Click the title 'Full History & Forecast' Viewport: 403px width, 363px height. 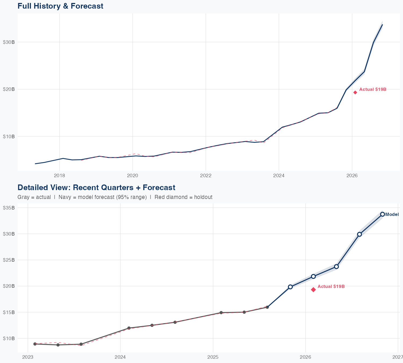click(60, 6)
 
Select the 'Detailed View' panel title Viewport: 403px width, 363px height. click(96, 187)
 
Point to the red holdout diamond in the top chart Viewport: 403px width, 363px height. click(355, 92)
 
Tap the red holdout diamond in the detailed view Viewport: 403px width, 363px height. click(313, 290)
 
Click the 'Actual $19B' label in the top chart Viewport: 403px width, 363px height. click(373, 90)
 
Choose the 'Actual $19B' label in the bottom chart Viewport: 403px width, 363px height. click(331, 287)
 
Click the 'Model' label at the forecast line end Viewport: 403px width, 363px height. click(392, 215)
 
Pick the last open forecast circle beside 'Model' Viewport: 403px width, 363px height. click(383, 214)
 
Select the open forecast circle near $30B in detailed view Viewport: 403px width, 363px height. click(359, 234)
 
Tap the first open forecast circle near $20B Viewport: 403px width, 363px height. click(290, 287)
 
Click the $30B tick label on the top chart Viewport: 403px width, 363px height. click(9, 42)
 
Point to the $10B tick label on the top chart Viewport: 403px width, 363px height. click(9, 136)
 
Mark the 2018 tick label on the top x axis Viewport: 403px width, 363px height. click(60, 176)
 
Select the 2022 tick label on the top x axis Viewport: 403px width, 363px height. click(206, 176)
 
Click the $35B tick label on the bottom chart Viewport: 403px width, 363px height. click(9, 208)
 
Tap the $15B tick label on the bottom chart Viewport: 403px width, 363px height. click(9, 312)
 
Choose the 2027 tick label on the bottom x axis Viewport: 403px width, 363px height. click(398, 357)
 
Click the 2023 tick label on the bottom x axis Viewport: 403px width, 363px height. click(28, 357)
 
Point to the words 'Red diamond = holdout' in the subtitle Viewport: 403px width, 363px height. click(183, 197)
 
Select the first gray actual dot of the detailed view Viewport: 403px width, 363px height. click(35, 344)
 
